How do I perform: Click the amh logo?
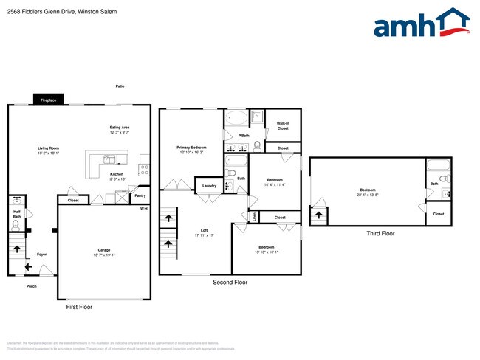422,24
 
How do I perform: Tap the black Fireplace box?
49,100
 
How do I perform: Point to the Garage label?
104,252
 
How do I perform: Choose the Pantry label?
140,197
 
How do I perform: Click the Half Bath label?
16,214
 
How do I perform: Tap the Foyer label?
42,255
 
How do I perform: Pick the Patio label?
120,86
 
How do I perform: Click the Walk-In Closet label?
283,126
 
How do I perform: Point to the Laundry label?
209,186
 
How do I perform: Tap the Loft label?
205,232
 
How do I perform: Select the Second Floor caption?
230,282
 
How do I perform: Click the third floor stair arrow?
319,216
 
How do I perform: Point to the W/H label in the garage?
144,209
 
